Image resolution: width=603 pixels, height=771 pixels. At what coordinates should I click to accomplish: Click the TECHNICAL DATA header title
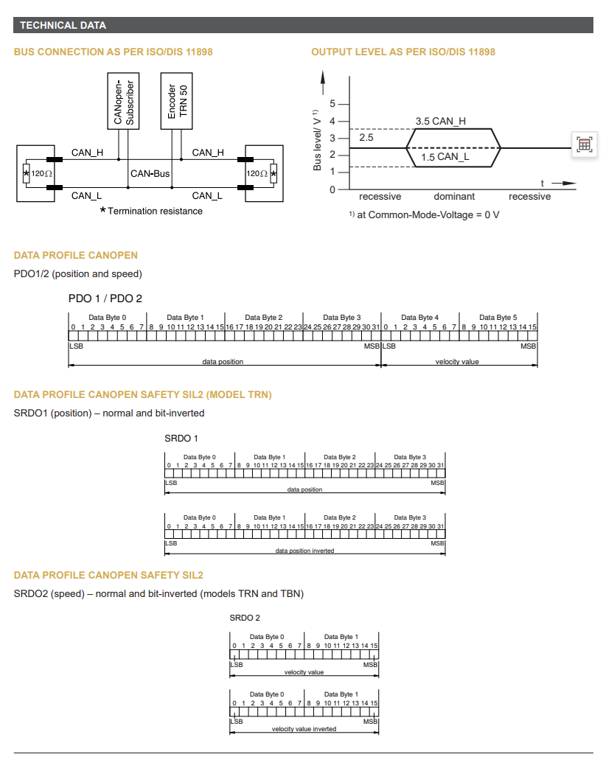tap(63, 25)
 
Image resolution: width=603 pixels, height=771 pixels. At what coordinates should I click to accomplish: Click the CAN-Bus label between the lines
tap(150, 174)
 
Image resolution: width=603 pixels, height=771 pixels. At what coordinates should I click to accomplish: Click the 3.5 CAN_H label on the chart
tap(440, 121)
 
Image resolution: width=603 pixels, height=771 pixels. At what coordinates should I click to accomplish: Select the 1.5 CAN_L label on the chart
tap(445, 157)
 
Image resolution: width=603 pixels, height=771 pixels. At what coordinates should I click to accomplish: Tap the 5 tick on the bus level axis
tap(332, 104)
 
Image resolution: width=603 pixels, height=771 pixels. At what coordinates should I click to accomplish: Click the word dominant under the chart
tap(454, 197)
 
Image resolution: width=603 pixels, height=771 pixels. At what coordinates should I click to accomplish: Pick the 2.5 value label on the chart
tap(366, 138)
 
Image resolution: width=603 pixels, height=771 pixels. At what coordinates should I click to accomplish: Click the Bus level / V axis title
tap(317, 140)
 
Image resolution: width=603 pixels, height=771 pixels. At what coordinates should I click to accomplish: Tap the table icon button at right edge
tap(584, 144)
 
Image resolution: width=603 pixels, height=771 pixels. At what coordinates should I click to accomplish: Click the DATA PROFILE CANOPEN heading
tap(76, 255)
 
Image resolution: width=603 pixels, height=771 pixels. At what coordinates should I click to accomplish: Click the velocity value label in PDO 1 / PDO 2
tap(457, 362)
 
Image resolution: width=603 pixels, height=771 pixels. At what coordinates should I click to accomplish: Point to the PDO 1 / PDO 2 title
tap(105, 299)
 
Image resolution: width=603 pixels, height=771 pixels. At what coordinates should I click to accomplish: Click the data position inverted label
tap(304, 551)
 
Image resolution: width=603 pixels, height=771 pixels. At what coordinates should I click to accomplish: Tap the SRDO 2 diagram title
tap(245, 618)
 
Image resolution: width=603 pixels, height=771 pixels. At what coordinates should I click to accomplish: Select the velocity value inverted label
tap(304, 729)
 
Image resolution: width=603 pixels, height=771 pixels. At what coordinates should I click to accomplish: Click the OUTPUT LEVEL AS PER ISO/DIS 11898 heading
tap(403, 52)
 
